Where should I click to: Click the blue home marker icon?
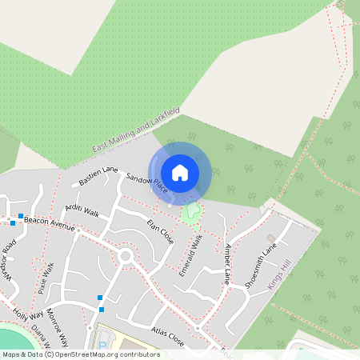(x=180, y=172)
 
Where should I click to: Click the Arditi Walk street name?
(x=82, y=211)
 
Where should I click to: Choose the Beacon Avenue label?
(x=50, y=222)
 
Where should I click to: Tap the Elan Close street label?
(x=160, y=231)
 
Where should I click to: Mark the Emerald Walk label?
(x=192, y=255)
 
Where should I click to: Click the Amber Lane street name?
(x=227, y=264)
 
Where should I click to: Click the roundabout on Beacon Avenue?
(x=125, y=256)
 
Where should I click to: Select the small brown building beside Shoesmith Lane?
(x=270, y=238)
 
